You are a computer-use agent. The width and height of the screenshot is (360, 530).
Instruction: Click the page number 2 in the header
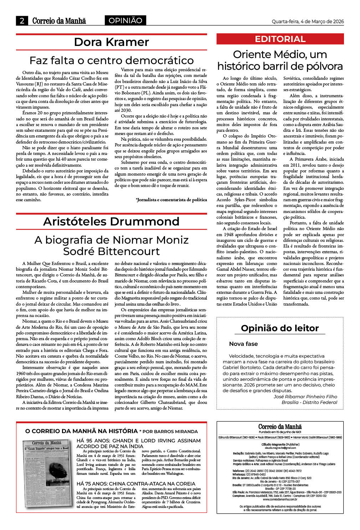coord(22,21)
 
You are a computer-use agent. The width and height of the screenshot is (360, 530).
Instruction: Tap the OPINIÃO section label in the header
coord(125,21)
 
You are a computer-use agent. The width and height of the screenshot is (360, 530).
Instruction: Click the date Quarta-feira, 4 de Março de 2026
coord(308,21)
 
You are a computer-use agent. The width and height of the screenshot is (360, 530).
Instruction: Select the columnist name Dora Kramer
coord(111,42)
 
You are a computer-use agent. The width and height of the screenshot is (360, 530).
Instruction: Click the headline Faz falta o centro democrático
coord(111,60)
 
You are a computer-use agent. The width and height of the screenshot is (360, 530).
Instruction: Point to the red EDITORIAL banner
coord(280,39)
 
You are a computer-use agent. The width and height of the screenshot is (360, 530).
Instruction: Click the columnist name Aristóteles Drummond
coord(111,222)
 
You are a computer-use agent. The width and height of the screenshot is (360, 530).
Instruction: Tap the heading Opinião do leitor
coord(280,328)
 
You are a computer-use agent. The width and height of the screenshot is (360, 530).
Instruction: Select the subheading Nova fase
coord(243,344)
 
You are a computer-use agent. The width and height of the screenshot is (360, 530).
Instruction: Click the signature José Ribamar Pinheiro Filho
coord(305,396)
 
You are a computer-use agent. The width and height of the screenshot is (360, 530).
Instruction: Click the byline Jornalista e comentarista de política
coord(171,200)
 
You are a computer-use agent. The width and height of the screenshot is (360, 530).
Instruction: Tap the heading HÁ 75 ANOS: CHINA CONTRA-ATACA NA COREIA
coord(136,484)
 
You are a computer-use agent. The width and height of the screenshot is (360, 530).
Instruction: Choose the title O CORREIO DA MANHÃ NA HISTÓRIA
coord(81,431)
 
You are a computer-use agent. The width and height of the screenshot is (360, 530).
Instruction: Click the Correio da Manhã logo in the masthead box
coord(280,427)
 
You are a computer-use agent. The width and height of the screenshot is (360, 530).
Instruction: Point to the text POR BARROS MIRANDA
coord(170,431)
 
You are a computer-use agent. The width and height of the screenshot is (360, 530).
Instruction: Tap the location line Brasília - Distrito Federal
coord(309,402)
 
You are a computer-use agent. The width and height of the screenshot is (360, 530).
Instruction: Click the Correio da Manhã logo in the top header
coord(59,21)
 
